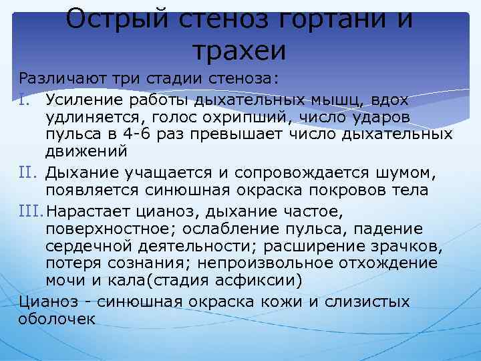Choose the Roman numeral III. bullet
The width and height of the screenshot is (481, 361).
pos(33,213)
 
